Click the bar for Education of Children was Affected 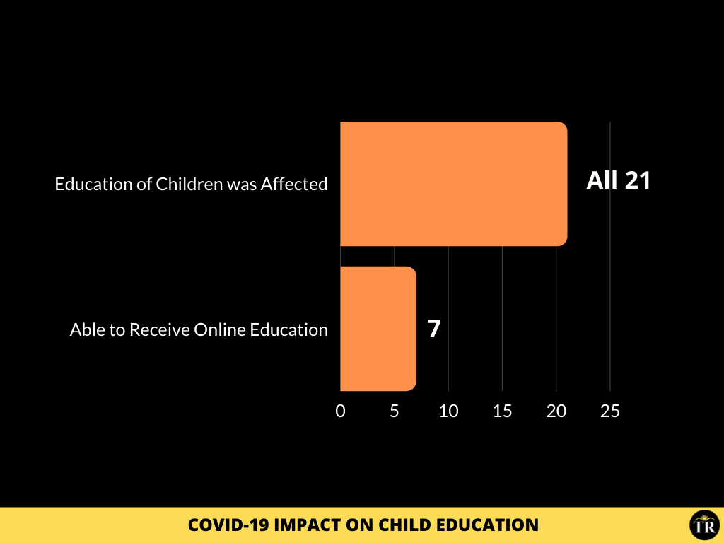pyautogui.click(x=454, y=184)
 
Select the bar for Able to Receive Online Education pyautogui.click(x=378, y=329)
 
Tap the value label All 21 pyautogui.click(x=618, y=180)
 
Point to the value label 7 pyautogui.click(x=434, y=329)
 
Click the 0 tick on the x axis pyautogui.click(x=340, y=411)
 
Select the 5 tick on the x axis pyautogui.click(x=394, y=411)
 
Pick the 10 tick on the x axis pyautogui.click(x=448, y=411)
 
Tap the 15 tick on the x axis pyautogui.click(x=503, y=411)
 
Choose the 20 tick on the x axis pyautogui.click(x=556, y=411)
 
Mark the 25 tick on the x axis pyautogui.click(x=610, y=411)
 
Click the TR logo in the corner pyautogui.click(x=705, y=525)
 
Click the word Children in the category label pyautogui.click(x=189, y=184)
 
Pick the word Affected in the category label pyautogui.click(x=294, y=184)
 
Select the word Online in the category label pyautogui.click(x=219, y=329)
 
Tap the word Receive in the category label pyautogui.click(x=159, y=329)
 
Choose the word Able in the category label pyautogui.click(x=87, y=329)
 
